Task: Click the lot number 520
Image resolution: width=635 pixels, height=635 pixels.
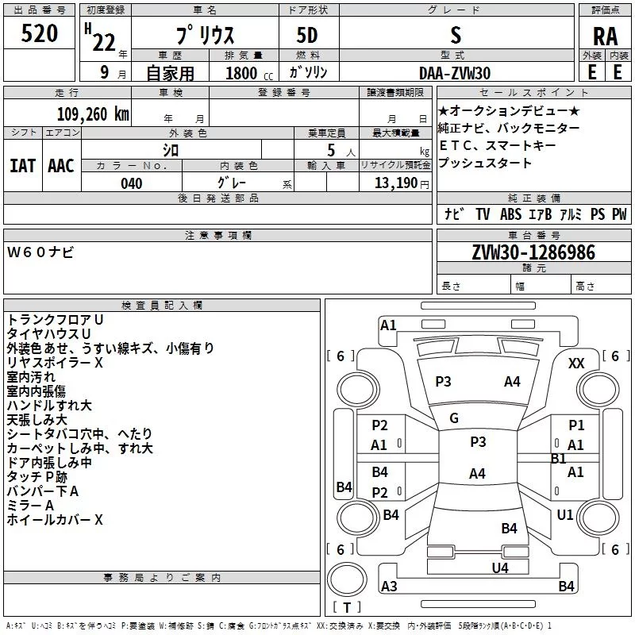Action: point(39,33)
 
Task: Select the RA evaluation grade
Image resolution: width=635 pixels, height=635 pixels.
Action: point(605,37)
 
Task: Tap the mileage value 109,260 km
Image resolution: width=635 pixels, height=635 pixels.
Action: point(93,114)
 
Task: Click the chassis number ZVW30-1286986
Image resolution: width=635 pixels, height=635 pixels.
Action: point(533,252)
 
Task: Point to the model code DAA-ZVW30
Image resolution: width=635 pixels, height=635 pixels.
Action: point(455,73)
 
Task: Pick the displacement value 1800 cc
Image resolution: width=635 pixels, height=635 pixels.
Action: point(249,73)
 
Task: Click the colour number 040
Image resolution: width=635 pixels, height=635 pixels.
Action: point(132,183)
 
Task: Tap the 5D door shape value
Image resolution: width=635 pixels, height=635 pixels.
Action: point(307,36)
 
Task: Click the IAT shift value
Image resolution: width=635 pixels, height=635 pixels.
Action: point(22,166)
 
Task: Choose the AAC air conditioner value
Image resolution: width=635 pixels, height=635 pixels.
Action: point(61,166)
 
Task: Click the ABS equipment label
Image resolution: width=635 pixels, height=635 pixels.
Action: point(510,214)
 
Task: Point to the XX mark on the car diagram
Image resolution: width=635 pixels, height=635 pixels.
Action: point(576,364)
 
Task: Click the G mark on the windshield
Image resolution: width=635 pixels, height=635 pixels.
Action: point(454,418)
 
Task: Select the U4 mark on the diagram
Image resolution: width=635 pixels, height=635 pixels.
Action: point(500,568)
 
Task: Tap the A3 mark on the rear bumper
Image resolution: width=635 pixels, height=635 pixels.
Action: point(389,586)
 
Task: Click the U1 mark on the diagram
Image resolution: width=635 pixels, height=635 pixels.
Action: point(565,514)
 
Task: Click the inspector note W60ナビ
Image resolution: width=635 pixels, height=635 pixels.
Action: point(40,252)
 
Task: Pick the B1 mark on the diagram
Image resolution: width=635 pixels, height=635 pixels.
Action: point(559,459)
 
